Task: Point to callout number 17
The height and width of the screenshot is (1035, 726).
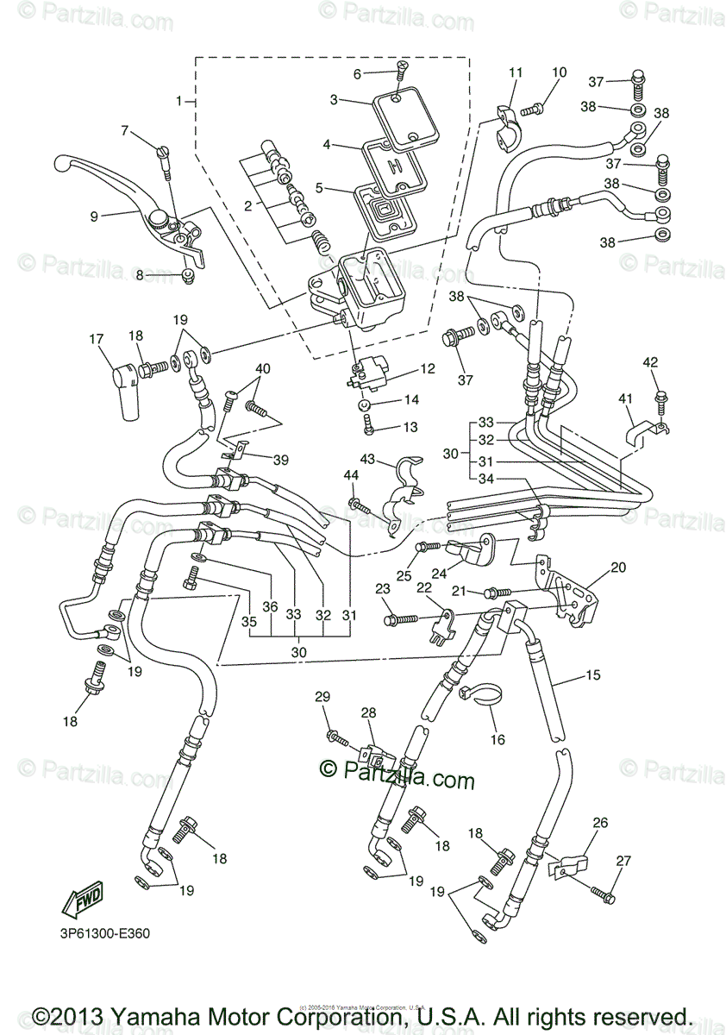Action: (x=97, y=340)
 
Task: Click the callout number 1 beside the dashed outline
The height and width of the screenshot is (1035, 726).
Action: (x=180, y=101)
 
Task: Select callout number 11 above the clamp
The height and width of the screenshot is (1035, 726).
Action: (x=516, y=73)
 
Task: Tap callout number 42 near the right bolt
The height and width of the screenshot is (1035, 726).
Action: (x=650, y=363)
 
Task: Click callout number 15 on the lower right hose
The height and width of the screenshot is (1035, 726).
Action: (x=593, y=675)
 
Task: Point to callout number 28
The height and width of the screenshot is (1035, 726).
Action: (x=369, y=712)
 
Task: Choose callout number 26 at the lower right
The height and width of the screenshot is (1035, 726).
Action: (x=599, y=824)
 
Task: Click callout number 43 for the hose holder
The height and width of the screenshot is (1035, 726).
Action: (x=368, y=460)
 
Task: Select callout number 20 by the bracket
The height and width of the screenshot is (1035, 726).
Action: (x=619, y=568)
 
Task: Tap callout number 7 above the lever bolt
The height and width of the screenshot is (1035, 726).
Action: (x=125, y=131)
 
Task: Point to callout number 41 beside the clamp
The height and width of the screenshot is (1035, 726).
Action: (x=624, y=398)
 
